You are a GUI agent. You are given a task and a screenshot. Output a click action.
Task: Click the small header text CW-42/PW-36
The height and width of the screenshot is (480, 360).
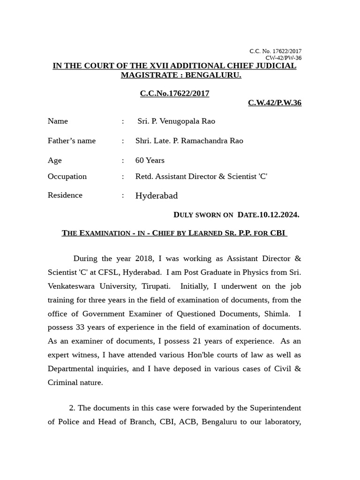[x=283, y=58]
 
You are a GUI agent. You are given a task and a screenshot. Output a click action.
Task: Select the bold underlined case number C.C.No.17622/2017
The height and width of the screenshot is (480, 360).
[x=174, y=93]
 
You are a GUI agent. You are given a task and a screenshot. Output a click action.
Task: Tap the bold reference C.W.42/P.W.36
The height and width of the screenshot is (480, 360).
[x=274, y=103]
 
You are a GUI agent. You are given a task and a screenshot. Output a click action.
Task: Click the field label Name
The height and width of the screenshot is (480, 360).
[x=58, y=121]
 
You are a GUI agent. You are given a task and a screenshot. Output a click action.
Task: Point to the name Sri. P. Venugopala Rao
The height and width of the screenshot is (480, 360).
[x=176, y=121]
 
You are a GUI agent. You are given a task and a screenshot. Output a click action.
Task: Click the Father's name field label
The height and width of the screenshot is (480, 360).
[x=71, y=141]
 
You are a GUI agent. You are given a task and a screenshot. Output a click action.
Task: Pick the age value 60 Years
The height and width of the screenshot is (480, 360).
[x=150, y=160]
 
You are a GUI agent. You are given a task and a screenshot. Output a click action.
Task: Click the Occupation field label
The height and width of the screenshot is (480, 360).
[x=67, y=176]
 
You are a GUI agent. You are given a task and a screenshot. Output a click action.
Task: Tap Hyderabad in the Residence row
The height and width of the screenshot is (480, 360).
[x=156, y=195]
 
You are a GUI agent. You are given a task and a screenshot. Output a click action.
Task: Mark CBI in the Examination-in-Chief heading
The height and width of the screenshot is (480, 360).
[x=277, y=233]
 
